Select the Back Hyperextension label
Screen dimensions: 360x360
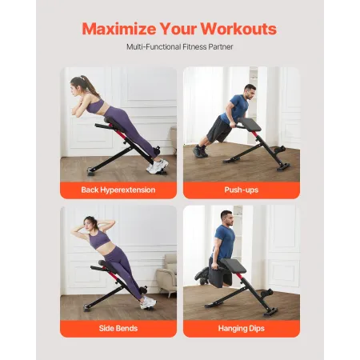pyautogui.click(x=118, y=190)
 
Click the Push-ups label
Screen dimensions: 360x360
pyautogui.click(x=242, y=190)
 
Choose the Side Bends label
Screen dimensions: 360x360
pyautogui.click(x=118, y=328)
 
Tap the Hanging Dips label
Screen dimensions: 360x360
pyautogui.click(x=242, y=328)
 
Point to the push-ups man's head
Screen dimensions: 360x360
pyautogui.click(x=250, y=90)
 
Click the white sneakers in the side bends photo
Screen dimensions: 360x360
pyautogui.click(x=148, y=302)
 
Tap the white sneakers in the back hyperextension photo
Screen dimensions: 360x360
pyautogui.click(x=158, y=165)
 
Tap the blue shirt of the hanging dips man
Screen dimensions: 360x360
pyautogui.click(x=225, y=240)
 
